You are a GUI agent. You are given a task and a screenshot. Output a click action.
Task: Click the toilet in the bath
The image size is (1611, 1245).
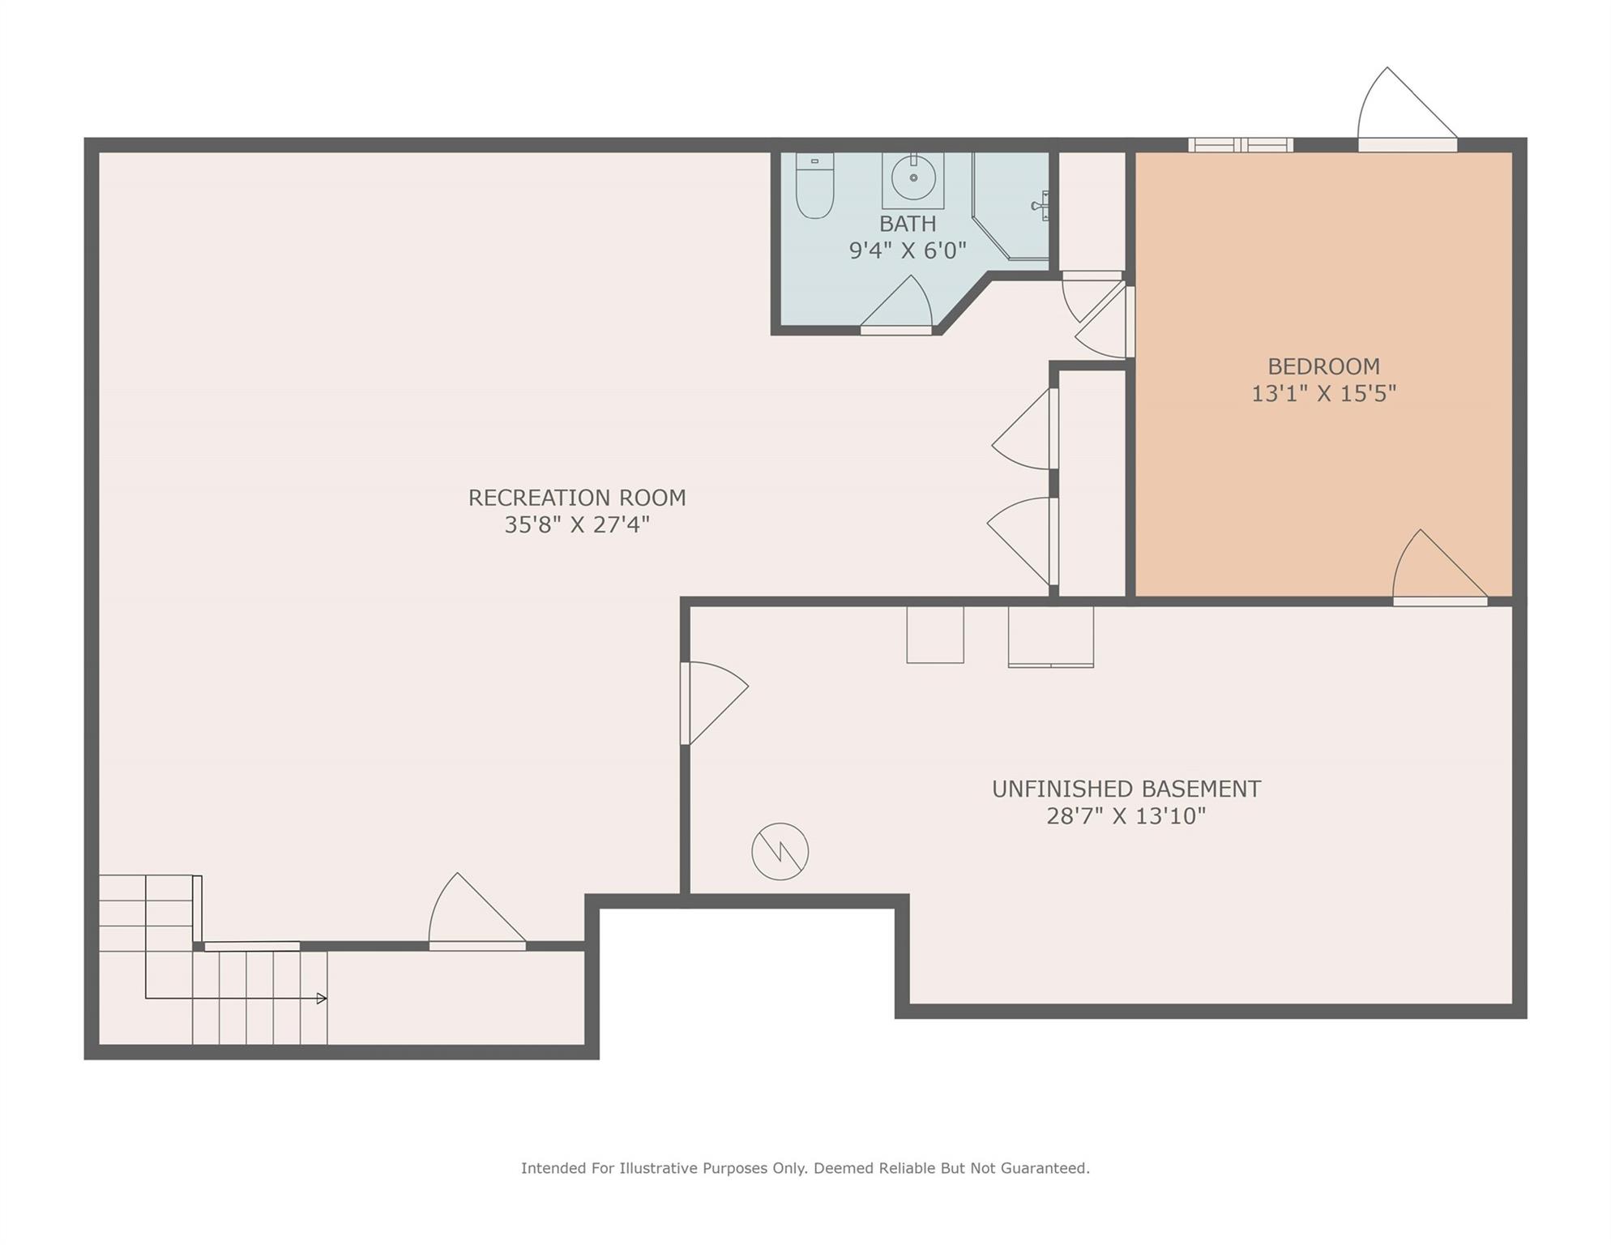tap(814, 186)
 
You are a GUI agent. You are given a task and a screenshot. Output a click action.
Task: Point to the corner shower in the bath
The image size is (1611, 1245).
tap(1011, 206)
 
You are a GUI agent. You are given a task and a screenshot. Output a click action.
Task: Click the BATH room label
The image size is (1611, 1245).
tap(908, 224)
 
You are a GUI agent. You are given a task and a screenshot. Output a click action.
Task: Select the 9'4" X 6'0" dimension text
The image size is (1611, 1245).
tap(908, 250)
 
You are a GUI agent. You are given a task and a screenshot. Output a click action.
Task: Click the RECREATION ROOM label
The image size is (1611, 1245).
tap(577, 498)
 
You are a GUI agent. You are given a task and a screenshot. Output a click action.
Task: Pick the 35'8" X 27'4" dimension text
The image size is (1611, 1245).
tap(577, 525)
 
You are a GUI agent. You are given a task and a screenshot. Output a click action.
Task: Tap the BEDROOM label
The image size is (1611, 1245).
tap(1323, 366)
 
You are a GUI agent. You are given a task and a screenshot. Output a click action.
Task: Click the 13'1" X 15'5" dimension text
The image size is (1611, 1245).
tap(1323, 394)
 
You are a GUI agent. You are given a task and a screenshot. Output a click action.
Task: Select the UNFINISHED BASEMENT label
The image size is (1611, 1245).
tap(1126, 789)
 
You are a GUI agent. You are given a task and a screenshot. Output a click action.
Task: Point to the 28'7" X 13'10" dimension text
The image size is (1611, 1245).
tap(1126, 816)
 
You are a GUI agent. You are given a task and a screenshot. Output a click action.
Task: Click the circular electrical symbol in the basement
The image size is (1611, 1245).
tap(780, 852)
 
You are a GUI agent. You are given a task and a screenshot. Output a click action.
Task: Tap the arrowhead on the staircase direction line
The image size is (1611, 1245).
tap(322, 999)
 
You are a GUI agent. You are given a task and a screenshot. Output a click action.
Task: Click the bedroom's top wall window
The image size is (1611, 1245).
tap(1241, 145)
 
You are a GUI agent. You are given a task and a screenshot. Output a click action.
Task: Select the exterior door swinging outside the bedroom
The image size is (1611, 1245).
tap(1408, 109)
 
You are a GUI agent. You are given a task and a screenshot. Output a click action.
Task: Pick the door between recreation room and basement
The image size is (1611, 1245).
tap(714, 703)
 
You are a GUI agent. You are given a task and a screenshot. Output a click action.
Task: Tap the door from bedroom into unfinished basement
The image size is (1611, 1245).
tap(1440, 567)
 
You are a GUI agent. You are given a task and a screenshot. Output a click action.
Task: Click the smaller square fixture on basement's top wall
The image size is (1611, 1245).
tap(935, 635)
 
